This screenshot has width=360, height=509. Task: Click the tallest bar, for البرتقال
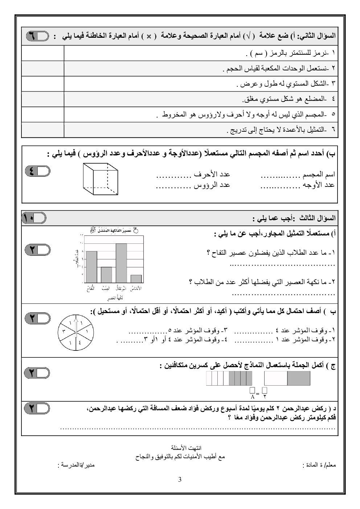121,263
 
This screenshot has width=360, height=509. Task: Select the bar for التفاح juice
91,267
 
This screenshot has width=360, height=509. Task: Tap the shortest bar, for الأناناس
136,279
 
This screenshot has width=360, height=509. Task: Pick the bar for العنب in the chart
106,275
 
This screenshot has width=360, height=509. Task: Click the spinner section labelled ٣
64,331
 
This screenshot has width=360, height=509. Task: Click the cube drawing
100,179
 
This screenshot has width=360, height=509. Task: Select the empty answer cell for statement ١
43,53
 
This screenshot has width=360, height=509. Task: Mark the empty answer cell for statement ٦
43,130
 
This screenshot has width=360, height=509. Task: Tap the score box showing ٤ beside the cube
37,171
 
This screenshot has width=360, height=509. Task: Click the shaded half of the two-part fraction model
299,378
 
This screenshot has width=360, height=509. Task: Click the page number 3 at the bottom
180,480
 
